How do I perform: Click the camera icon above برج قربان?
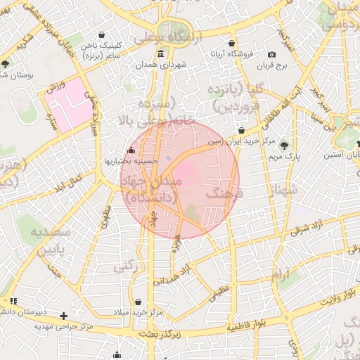[x=272, y=55]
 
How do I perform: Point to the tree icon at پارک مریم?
[x=285, y=146]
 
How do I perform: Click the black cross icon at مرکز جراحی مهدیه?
[x=64, y=316]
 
